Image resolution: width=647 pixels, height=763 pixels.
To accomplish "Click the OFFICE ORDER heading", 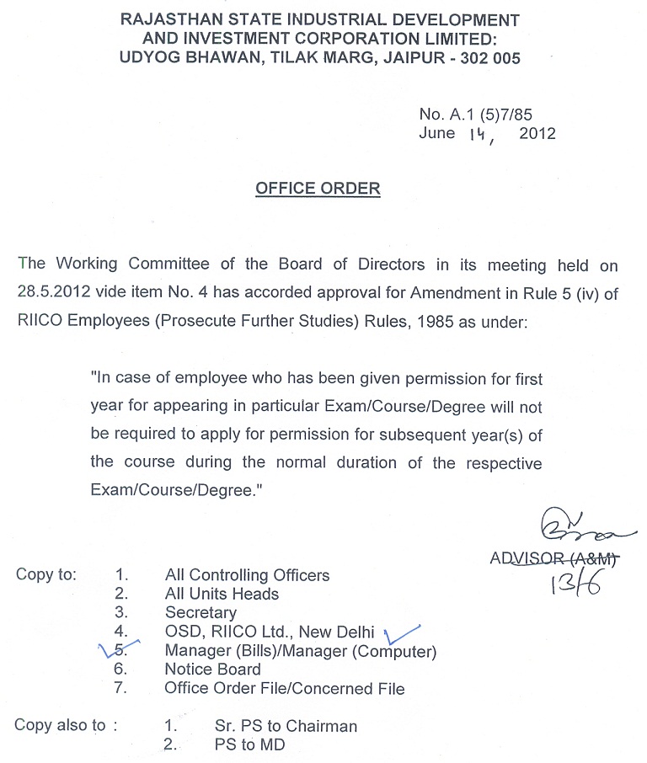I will coord(318,188).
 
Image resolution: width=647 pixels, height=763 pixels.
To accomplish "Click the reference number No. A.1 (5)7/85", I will coord(475,115).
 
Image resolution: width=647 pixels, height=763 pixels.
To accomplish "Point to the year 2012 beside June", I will coord(537,134).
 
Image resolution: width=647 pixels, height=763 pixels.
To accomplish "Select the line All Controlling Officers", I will coord(247,575).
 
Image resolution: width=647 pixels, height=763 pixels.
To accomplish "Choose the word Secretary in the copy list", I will coord(201,613).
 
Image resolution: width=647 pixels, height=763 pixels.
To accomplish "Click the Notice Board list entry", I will coord(212,670).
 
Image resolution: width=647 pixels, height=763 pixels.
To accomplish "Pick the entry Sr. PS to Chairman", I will coord(286,726).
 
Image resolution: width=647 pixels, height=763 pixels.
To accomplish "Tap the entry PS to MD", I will coord(249,744).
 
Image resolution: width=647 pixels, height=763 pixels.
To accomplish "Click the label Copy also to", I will coord(64,726).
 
